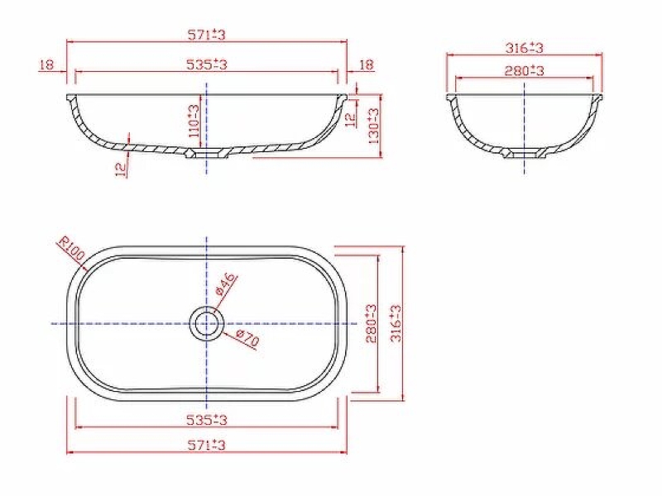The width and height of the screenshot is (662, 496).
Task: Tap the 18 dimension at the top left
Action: point(46,64)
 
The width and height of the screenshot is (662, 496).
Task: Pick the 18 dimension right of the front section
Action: point(367,64)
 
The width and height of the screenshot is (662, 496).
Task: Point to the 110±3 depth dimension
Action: point(194,121)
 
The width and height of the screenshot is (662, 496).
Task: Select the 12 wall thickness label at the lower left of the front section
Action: point(122,169)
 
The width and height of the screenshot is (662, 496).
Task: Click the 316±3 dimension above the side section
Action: point(525,49)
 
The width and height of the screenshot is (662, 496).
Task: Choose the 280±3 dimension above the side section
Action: point(525,72)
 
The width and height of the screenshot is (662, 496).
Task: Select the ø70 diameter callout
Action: point(247,340)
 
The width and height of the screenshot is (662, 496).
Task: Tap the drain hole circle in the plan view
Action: point(206,323)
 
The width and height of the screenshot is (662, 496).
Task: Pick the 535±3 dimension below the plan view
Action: point(207,421)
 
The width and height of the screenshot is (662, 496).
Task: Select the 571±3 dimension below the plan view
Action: point(207,446)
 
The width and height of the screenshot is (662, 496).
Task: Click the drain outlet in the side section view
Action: point(524,154)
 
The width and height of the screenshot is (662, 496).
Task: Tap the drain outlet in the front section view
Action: point(206,154)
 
